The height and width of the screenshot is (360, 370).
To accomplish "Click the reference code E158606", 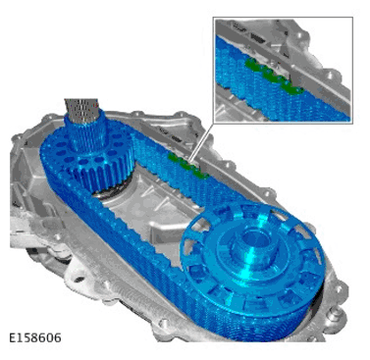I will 34,336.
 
